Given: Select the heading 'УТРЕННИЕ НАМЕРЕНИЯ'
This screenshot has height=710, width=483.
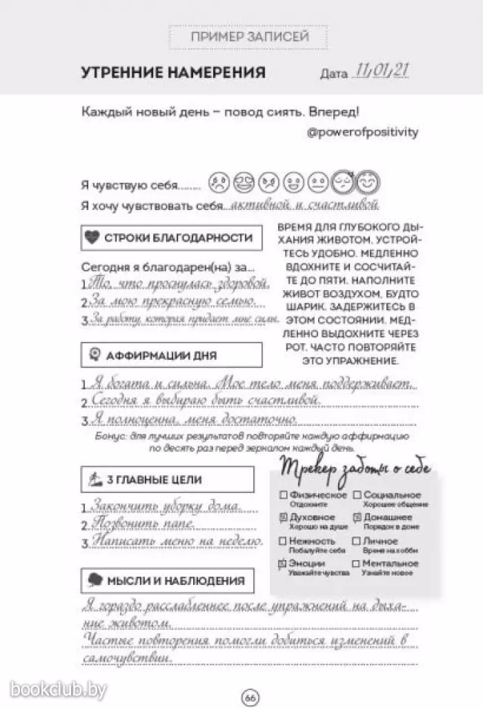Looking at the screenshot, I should tap(173, 73).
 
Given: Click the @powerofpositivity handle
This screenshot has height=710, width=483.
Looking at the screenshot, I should tap(362, 132).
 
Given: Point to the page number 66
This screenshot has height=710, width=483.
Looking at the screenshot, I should tap(249, 698).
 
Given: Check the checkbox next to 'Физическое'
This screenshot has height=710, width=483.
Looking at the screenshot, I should tap(284, 495).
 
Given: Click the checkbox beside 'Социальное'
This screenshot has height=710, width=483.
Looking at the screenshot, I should tap(357, 495).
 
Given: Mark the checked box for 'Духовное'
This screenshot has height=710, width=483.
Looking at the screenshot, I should tap(284, 517).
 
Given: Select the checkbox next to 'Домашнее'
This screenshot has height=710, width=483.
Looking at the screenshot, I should tap(357, 517).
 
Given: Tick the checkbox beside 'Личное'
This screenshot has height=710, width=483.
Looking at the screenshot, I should tap(357, 541).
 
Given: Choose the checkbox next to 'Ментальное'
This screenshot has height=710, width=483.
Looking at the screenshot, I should tap(357, 564).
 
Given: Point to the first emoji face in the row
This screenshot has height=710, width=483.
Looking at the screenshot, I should tap(220, 183).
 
